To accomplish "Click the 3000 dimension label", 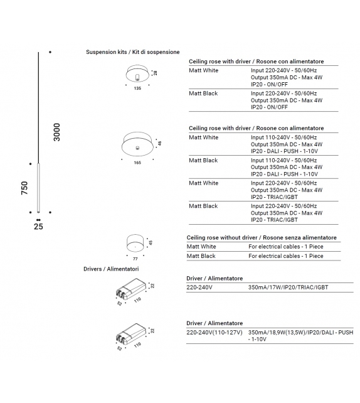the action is click(56, 132).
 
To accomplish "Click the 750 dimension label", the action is click(24, 188).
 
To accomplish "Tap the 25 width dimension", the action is click(38, 227).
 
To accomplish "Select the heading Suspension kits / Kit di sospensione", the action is click(133, 52).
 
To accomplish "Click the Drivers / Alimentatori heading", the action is click(111, 269).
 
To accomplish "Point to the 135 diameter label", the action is click(137, 88).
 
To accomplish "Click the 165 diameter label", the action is click(137, 163).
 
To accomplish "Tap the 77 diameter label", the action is click(135, 259).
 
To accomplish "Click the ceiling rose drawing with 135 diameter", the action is click(137, 73).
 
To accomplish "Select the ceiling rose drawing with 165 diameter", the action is click(137, 144).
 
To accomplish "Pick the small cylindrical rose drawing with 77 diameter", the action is click(135, 243).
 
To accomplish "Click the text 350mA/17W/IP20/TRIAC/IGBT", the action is click(288, 287).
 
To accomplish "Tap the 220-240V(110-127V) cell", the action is click(214, 332).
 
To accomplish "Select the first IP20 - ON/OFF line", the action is click(269, 84).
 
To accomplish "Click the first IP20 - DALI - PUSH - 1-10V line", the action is click(284, 151).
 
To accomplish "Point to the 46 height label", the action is click(160, 143).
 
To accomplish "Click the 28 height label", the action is click(156, 73).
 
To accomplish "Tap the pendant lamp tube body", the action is click(38, 188).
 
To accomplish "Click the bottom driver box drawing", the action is click(131, 334).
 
